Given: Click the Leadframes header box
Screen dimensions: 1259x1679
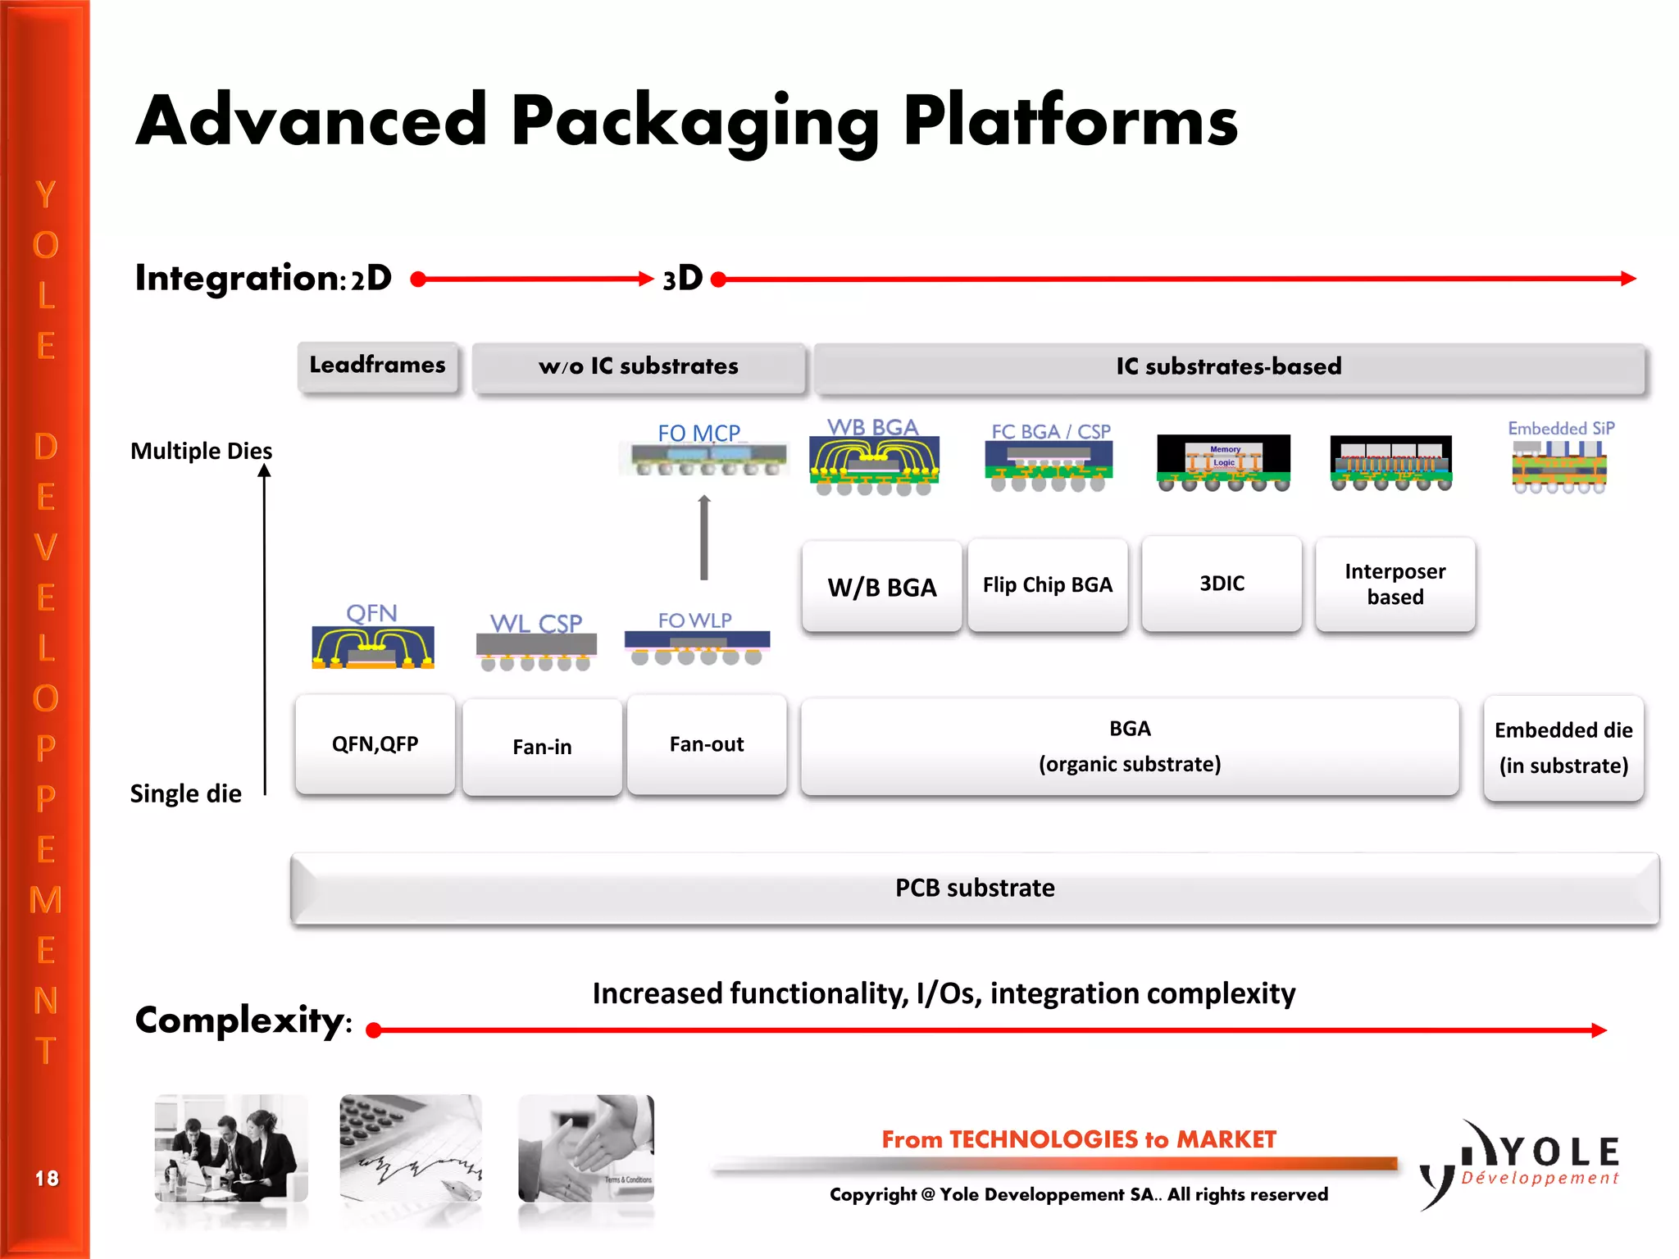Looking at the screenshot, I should [x=377, y=366].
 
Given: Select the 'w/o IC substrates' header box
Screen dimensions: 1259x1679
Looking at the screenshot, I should [x=639, y=366].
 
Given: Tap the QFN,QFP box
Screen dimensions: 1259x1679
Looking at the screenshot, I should [x=375, y=744].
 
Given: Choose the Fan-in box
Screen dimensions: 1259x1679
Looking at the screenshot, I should [x=542, y=747].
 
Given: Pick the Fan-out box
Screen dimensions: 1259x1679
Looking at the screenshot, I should [x=707, y=744].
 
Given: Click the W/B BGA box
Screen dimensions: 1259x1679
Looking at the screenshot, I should [x=881, y=587].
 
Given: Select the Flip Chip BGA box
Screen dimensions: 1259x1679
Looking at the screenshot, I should [x=1047, y=585].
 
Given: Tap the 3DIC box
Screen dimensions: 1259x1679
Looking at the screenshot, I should [x=1222, y=584].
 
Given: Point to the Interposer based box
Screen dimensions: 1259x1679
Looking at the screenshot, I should [x=1395, y=584].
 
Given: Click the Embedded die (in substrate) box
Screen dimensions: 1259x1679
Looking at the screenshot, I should [x=1563, y=748].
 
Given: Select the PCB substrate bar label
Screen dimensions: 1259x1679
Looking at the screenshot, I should [x=974, y=889].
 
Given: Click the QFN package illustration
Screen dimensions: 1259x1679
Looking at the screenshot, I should [x=373, y=648].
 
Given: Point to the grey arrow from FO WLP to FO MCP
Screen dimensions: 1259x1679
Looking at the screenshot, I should [x=703, y=538].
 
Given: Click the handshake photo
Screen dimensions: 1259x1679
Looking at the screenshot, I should [x=586, y=1148].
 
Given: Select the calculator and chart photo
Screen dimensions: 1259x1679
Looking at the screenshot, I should [x=411, y=1148].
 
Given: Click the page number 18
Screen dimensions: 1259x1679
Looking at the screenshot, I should [x=47, y=1179].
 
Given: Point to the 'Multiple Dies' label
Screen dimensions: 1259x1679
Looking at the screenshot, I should [x=201, y=451].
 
